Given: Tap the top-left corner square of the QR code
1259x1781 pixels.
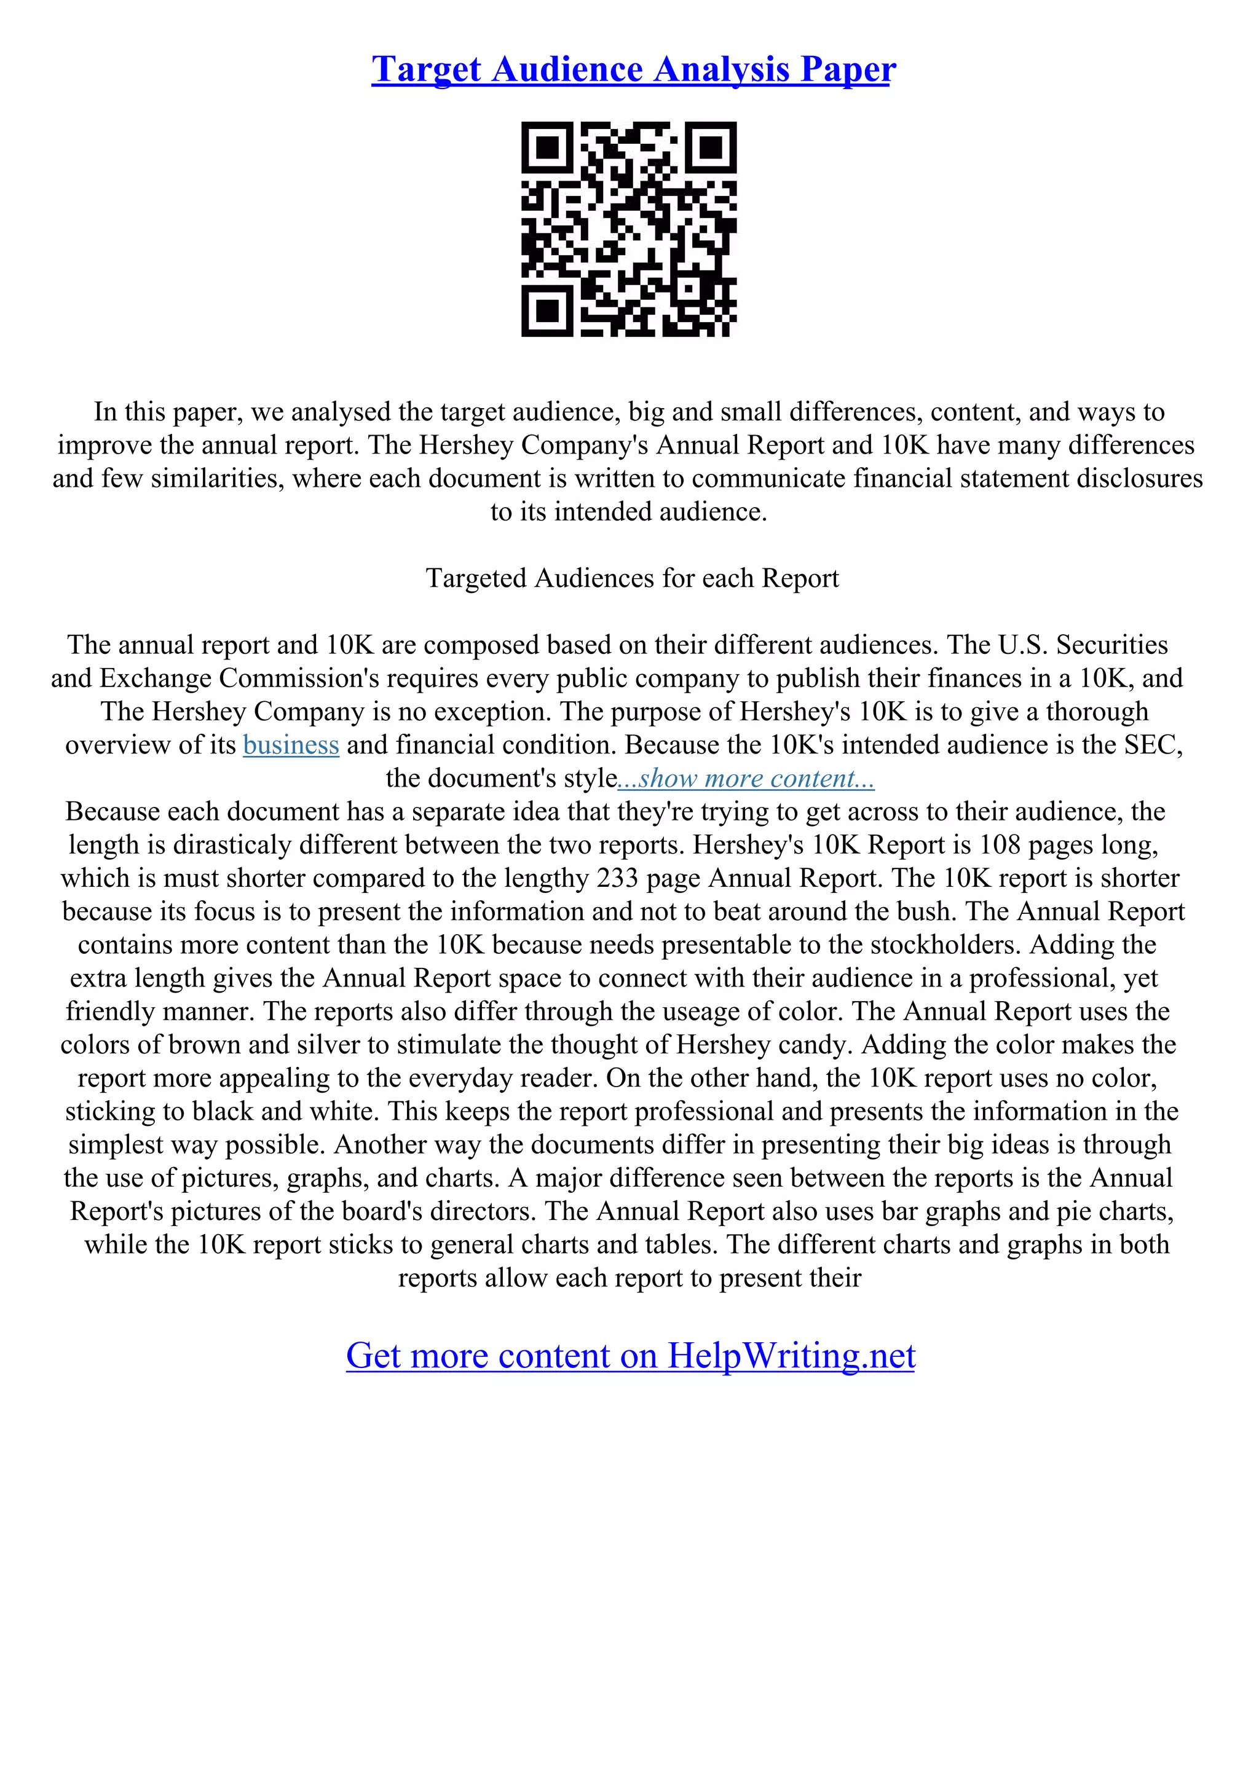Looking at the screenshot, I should point(548,147).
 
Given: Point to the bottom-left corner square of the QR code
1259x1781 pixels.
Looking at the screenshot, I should point(548,310).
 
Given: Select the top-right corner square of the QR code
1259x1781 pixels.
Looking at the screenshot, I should point(710,147).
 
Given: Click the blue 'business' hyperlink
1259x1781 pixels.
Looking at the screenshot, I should point(291,745).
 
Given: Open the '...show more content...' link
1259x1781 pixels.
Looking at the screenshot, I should point(746,779).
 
